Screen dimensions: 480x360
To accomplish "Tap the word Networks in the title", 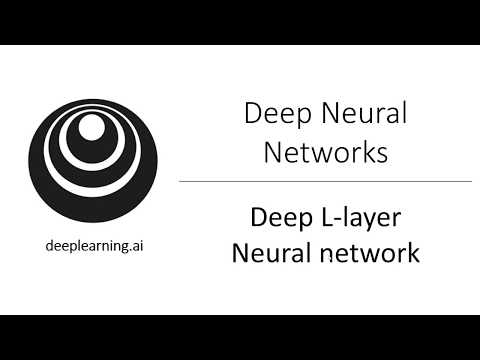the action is pyautogui.click(x=326, y=154).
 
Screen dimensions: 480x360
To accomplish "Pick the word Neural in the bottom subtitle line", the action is pyautogui.click(x=271, y=253).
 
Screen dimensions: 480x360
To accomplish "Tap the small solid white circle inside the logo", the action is pyautogui.click(x=92, y=127).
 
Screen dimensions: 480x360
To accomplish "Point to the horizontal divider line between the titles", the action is pyautogui.click(x=325, y=182).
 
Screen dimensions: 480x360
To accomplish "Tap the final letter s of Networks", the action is pyautogui.click(x=382, y=156).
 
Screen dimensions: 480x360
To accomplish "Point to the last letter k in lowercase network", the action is pyautogui.click(x=413, y=253).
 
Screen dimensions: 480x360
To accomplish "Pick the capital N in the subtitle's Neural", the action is pyautogui.click(x=240, y=253).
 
